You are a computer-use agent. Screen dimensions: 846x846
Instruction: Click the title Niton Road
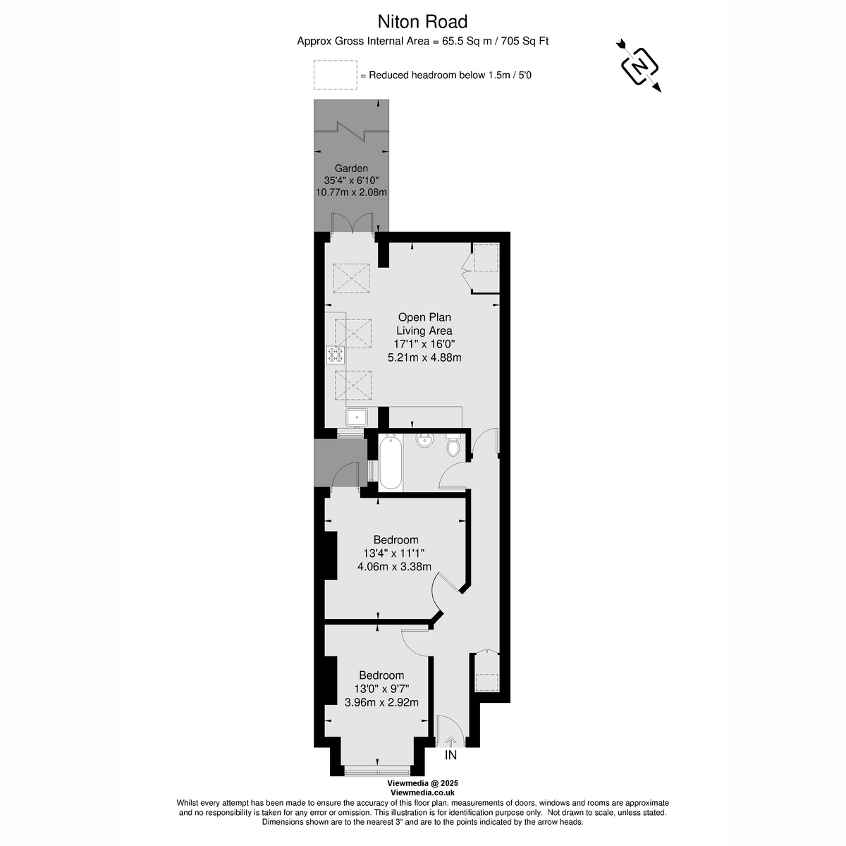422,22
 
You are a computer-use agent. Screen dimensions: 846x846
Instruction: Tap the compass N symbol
639,67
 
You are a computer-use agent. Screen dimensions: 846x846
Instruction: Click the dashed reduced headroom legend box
336,75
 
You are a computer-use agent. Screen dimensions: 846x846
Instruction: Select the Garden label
351,168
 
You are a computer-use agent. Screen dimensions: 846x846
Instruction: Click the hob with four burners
336,355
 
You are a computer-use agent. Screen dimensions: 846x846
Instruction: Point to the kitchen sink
357,417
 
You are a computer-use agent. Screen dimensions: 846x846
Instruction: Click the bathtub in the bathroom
391,462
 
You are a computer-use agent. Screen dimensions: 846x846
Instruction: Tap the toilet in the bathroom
453,445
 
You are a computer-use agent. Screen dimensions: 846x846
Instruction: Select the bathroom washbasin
425,441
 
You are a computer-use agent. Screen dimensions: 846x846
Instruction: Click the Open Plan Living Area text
424,324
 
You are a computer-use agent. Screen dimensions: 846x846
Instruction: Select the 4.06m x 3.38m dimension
394,566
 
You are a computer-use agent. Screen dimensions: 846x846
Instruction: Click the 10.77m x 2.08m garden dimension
351,192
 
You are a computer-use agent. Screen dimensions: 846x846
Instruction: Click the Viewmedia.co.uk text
422,792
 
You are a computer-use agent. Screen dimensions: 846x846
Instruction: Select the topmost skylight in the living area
351,278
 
